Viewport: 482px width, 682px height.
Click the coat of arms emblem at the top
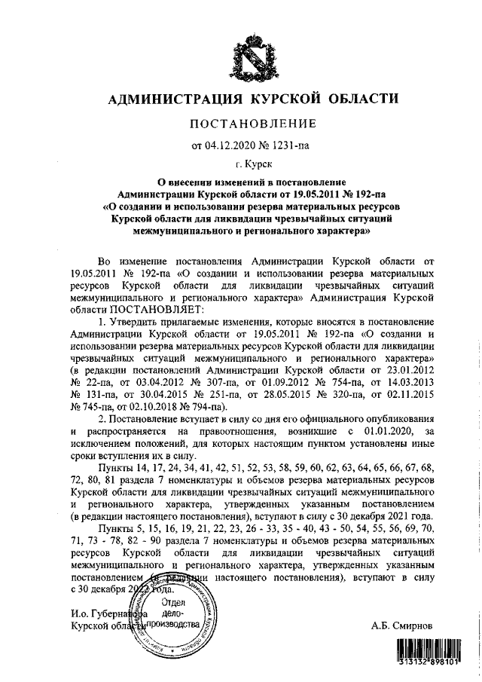click(253, 50)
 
